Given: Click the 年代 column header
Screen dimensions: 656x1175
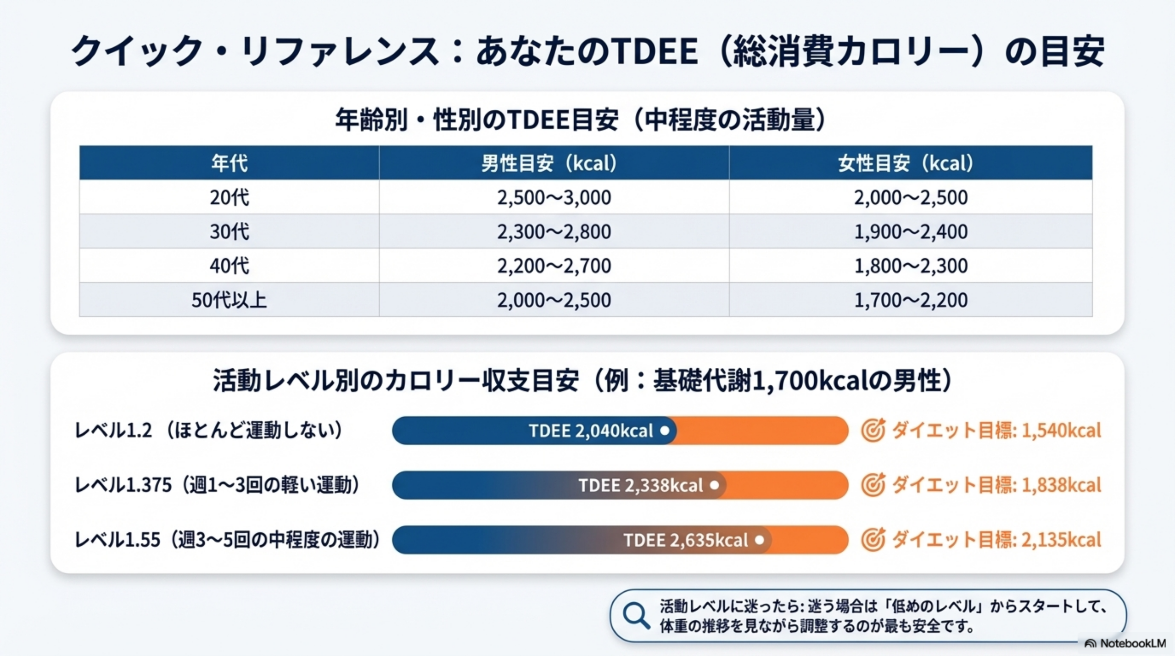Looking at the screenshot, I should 229,163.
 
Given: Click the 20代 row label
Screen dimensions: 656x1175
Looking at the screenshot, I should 229,197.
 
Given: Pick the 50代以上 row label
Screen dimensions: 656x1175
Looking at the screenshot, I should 229,300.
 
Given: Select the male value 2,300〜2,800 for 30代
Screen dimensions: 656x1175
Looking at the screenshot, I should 554,231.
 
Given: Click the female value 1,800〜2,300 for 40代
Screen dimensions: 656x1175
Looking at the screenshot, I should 910,266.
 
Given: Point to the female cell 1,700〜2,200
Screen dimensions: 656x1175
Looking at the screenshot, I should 910,300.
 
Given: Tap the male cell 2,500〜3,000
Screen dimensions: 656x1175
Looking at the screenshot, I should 554,197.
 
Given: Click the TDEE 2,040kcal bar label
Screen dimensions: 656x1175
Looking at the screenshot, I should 591,431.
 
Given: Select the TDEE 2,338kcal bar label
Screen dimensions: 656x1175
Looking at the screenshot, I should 640,485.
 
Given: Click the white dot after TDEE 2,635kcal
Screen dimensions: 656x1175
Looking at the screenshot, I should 760,540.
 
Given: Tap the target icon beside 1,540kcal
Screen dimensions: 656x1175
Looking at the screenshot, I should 873,430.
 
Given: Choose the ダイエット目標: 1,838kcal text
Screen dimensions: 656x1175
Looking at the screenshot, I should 996,485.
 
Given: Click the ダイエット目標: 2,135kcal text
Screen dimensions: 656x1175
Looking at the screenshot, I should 996,540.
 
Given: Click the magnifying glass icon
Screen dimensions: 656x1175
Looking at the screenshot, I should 636,616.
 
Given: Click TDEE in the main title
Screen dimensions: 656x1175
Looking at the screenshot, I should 655,50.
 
